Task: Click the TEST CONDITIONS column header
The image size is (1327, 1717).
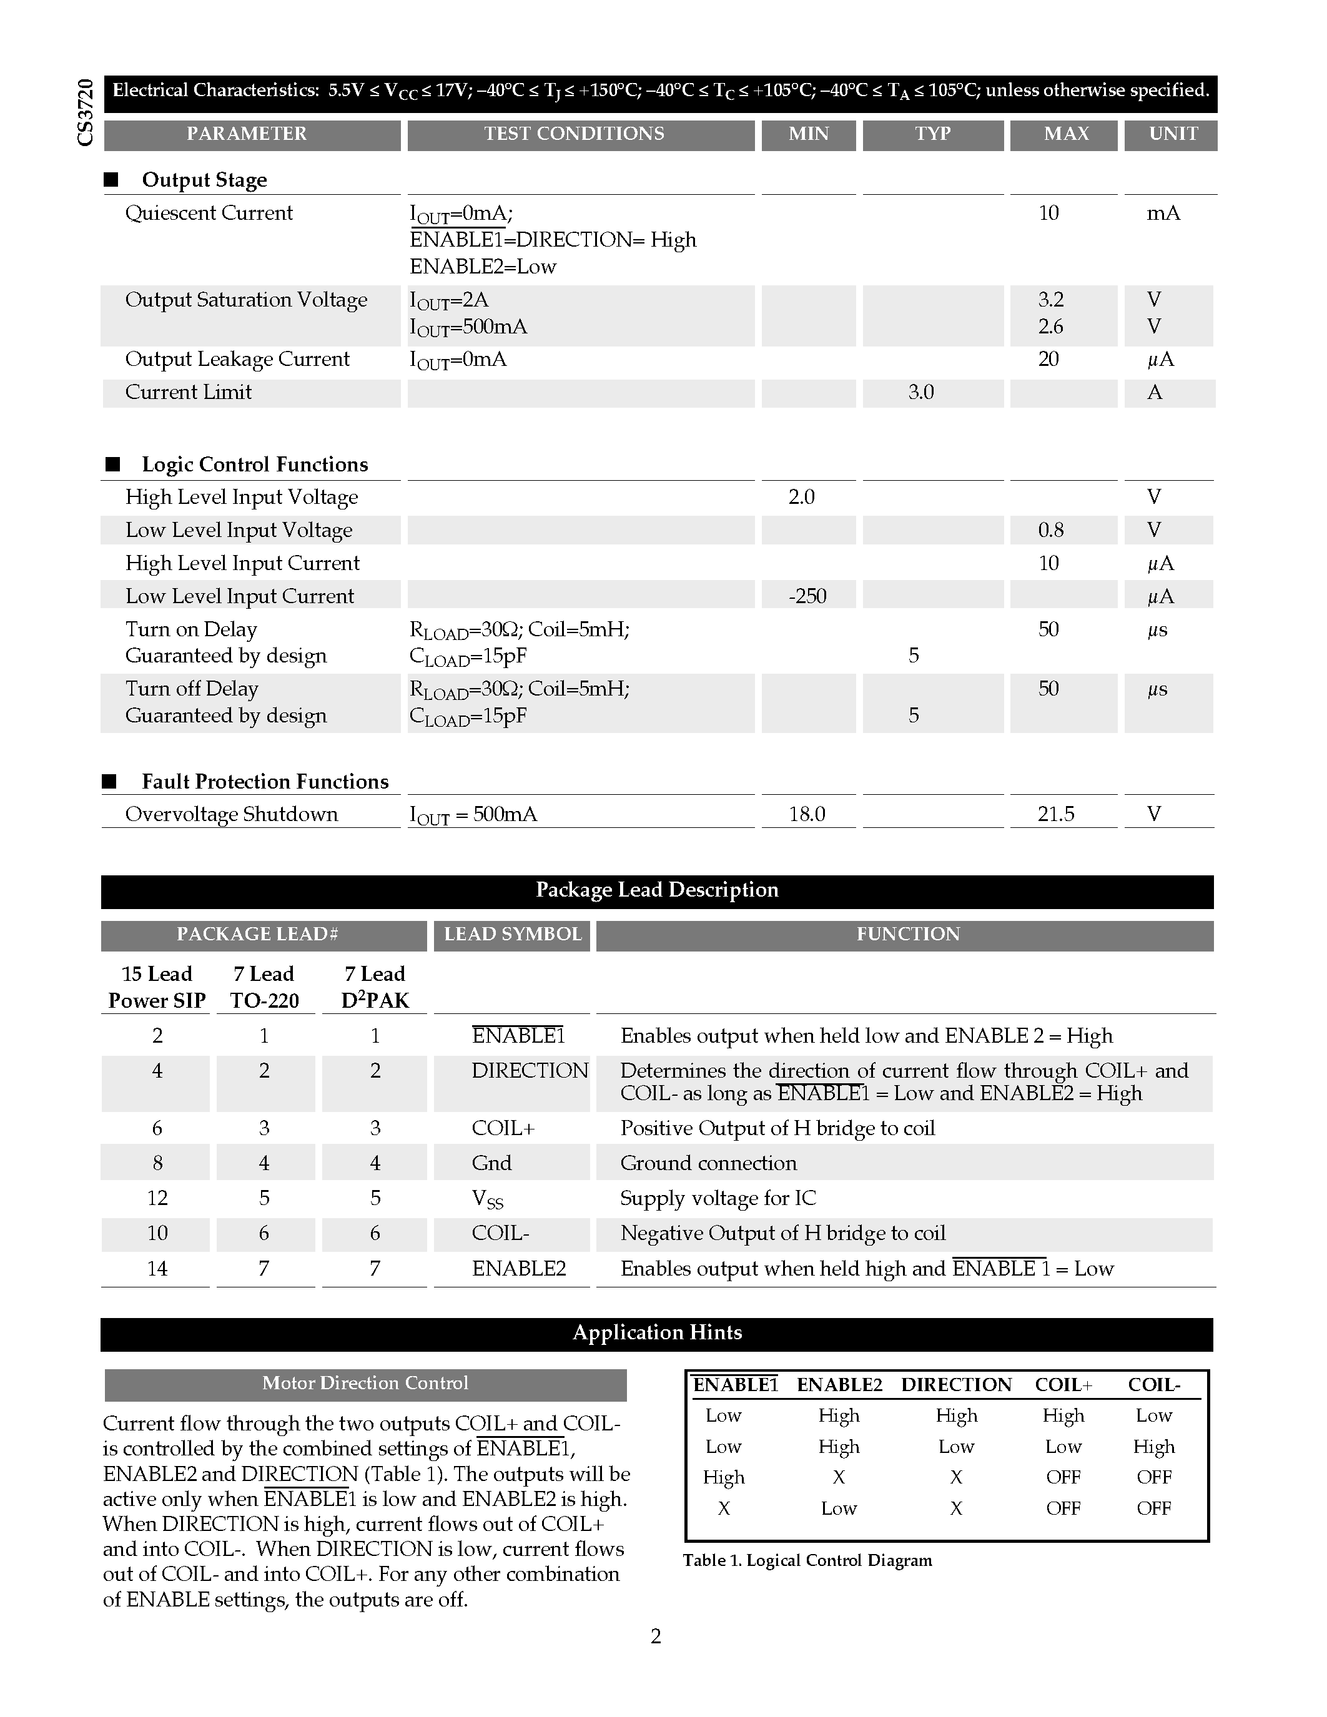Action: tap(574, 134)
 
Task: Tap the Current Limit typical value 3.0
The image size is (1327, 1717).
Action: tap(920, 392)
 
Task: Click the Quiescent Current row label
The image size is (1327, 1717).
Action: tap(209, 213)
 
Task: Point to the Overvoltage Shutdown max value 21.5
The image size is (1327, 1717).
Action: tap(1055, 814)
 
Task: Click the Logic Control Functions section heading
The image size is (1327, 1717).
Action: tap(255, 465)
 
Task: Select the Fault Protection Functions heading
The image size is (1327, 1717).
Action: tap(265, 782)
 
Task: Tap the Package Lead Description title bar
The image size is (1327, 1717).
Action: tap(657, 890)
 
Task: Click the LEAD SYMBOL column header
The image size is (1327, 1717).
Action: tap(513, 935)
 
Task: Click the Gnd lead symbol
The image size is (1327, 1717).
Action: tap(491, 1164)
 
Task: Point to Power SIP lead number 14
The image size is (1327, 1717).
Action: tap(157, 1269)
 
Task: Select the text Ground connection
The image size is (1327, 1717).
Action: tap(708, 1164)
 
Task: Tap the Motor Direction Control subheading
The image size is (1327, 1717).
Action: tap(365, 1384)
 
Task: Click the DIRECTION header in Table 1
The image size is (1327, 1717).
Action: tap(956, 1385)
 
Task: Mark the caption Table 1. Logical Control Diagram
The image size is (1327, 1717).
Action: tap(807, 1560)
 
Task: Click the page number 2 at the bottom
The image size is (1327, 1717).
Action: tap(656, 1637)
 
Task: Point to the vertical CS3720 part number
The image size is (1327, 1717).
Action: tap(85, 112)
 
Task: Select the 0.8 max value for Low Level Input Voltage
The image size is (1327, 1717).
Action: tap(1050, 531)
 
